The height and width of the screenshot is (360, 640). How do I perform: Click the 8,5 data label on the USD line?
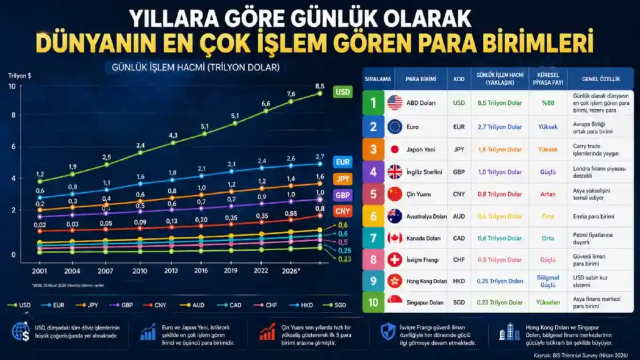pos(320,86)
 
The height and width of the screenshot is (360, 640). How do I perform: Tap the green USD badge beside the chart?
pos(343,92)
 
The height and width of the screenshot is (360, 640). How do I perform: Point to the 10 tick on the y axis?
pos(12,86)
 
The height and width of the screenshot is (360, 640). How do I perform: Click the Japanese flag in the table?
pos(394,149)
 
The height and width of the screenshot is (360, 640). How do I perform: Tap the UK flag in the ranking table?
pos(394,172)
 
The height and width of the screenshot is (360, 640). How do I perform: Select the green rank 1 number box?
pos(373,103)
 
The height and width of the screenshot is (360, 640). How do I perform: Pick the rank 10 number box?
pos(373,303)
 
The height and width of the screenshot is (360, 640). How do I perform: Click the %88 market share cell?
pos(547,103)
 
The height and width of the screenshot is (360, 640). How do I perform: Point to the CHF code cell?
pos(459,260)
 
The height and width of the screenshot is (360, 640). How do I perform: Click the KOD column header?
pos(459,79)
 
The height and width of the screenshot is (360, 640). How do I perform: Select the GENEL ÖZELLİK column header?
pos(600,79)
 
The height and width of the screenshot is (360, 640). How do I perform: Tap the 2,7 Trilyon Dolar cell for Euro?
pos(499,127)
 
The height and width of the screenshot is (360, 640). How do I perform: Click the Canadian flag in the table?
pos(394,238)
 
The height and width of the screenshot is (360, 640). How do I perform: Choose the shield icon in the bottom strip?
pos(388,331)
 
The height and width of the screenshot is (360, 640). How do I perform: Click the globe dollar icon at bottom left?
pos(21,331)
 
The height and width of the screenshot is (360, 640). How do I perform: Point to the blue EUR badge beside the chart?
pos(343,162)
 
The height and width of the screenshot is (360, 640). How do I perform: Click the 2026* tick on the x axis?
pos(290,270)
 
